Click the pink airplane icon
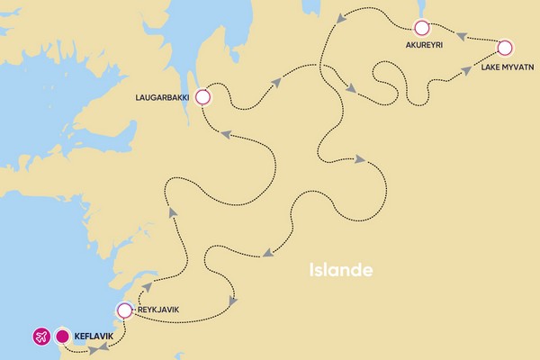click(x=40, y=338)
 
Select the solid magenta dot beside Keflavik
click(x=63, y=338)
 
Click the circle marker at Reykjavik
click(x=124, y=311)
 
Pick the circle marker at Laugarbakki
click(x=202, y=96)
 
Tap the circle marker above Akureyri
click(x=419, y=28)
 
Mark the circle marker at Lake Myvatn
click(x=505, y=48)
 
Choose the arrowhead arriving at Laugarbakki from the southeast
click(x=226, y=135)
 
